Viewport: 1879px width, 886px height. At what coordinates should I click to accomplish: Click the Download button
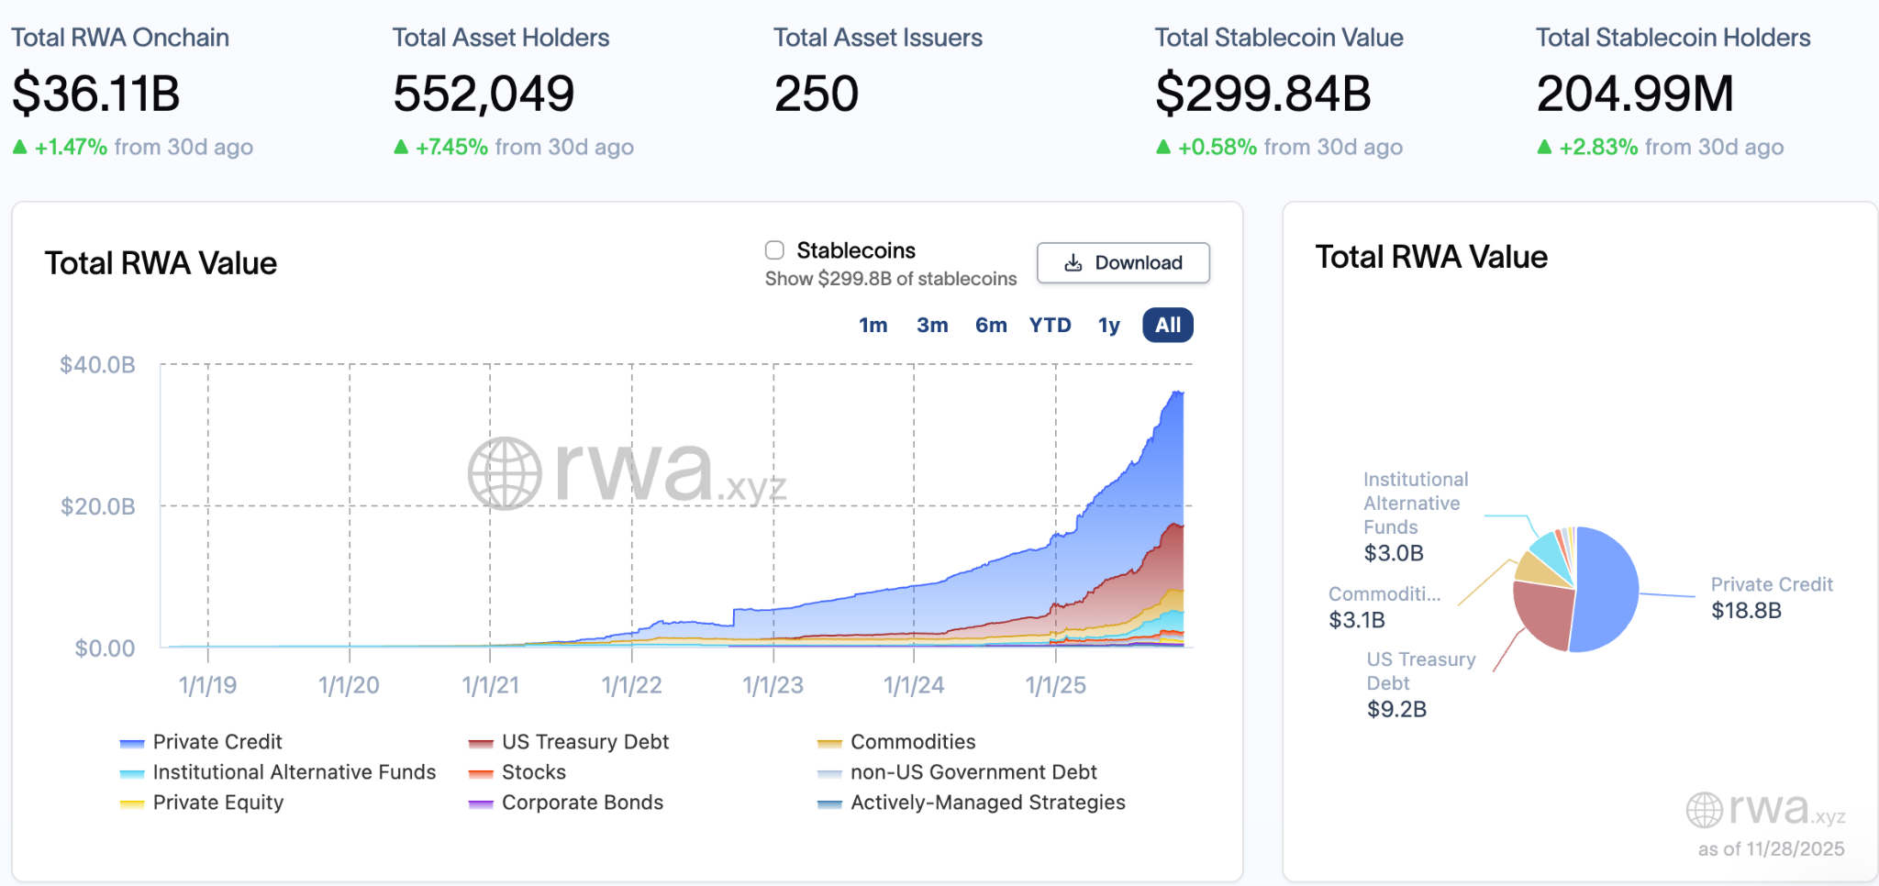(x=1123, y=263)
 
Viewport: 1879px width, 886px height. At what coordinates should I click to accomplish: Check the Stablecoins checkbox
(x=775, y=250)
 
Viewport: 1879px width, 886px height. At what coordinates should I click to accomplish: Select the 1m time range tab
(x=873, y=326)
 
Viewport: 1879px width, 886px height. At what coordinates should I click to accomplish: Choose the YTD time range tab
(x=1050, y=326)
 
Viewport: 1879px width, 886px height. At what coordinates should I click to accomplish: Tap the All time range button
(x=1167, y=326)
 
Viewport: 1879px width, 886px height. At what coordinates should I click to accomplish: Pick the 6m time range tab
(x=991, y=326)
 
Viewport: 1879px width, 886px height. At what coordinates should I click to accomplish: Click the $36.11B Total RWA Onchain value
(x=96, y=94)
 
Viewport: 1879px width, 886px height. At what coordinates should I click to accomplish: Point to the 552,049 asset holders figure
(x=484, y=94)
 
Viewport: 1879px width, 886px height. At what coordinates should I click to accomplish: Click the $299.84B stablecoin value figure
(x=1262, y=94)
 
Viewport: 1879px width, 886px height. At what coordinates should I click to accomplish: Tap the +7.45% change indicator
(x=451, y=148)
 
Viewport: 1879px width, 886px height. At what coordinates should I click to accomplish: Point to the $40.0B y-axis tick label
(x=97, y=365)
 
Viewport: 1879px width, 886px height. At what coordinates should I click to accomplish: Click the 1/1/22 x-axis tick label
(x=631, y=685)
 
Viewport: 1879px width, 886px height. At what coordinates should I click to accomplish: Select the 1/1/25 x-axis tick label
(x=1055, y=685)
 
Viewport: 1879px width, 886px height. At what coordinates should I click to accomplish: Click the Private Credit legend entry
(x=217, y=742)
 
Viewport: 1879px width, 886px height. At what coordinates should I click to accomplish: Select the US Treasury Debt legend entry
(x=584, y=742)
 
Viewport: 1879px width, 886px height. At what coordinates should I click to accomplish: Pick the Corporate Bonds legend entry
(x=582, y=803)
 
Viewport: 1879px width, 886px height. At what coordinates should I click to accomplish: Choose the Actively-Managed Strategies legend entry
(x=987, y=803)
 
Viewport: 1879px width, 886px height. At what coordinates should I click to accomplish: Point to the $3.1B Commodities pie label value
(x=1357, y=620)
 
